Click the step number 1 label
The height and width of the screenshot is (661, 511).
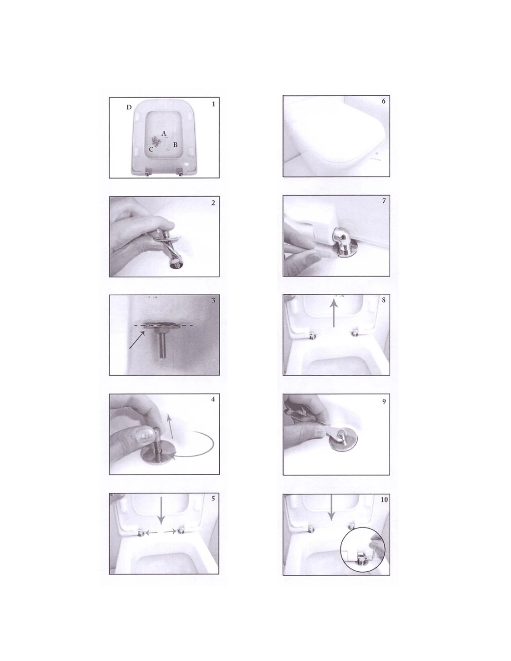pos(213,104)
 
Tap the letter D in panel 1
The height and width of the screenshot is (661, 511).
pos(129,107)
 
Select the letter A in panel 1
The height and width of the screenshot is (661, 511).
pos(164,133)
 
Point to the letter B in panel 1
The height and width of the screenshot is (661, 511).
pos(176,145)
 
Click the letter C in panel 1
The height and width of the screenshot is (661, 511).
pos(151,150)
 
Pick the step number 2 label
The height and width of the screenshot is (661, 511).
pos(213,203)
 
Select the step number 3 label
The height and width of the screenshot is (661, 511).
pos(213,301)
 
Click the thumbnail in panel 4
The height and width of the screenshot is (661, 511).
pos(145,436)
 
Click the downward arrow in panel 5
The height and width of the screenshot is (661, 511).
pos(161,510)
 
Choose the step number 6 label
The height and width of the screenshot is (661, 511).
pos(384,101)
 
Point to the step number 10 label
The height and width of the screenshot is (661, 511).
pos(383,500)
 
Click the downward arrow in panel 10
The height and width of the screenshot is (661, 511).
pos(332,508)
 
